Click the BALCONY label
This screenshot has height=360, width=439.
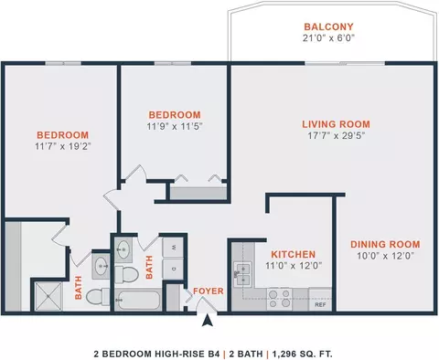(328, 26)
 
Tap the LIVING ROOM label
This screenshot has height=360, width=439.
(336, 124)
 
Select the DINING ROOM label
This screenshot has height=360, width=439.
(385, 244)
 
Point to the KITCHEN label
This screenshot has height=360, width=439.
(294, 254)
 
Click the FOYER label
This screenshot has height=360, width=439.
(209, 291)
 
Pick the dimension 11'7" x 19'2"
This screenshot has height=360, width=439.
(63, 146)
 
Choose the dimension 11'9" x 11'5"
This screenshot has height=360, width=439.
(175, 126)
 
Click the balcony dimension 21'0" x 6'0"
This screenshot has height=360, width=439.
(328, 38)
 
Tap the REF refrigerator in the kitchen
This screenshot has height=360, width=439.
(320, 300)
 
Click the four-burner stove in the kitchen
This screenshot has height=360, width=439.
(279, 300)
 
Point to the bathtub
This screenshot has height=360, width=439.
(138, 301)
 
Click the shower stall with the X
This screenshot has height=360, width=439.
(48, 297)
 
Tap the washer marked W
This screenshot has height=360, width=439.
(173, 247)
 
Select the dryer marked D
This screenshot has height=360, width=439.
(173, 269)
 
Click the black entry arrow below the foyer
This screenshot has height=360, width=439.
(208, 321)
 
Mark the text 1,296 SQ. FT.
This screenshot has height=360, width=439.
(302, 354)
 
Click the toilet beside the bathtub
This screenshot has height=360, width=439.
(126, 274)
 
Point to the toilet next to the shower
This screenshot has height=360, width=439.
(98, 297)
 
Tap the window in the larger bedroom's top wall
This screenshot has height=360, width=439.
(63, 63)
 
